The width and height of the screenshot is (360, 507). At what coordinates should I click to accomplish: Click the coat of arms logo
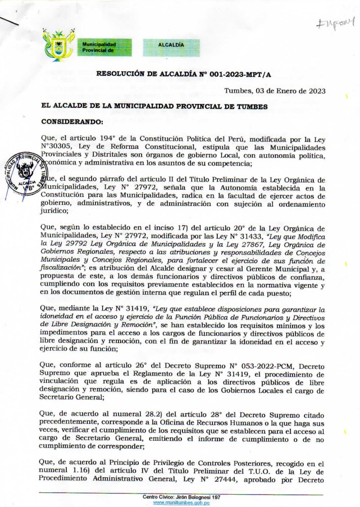[58, 46]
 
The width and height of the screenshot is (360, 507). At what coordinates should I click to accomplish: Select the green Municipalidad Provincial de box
[106, 46]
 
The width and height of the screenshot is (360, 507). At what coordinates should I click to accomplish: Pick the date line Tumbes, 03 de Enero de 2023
[274, 91]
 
